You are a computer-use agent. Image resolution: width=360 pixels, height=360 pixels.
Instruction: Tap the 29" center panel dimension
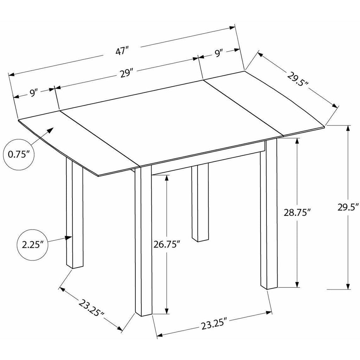(x=126, y=74)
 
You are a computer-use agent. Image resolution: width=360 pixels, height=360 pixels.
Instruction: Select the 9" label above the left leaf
(x=33, y=93)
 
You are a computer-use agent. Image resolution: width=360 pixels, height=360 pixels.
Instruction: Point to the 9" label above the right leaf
(x=219, y=53)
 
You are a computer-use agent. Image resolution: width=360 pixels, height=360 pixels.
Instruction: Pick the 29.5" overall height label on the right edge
(x=348, y=207)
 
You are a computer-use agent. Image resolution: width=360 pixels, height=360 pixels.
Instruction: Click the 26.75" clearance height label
(x=166, y=245)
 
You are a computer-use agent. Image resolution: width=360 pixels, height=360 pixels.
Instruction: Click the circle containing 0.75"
(x=19, y=155)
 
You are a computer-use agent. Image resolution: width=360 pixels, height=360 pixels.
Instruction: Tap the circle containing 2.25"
(x=32, y=245)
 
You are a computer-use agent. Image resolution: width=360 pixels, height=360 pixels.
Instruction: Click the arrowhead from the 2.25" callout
(x=69, y=238)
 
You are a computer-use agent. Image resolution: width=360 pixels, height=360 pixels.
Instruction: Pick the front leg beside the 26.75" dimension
(x=143, y=241)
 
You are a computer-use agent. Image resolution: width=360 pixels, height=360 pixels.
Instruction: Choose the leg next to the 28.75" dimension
(x=269, y=213)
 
